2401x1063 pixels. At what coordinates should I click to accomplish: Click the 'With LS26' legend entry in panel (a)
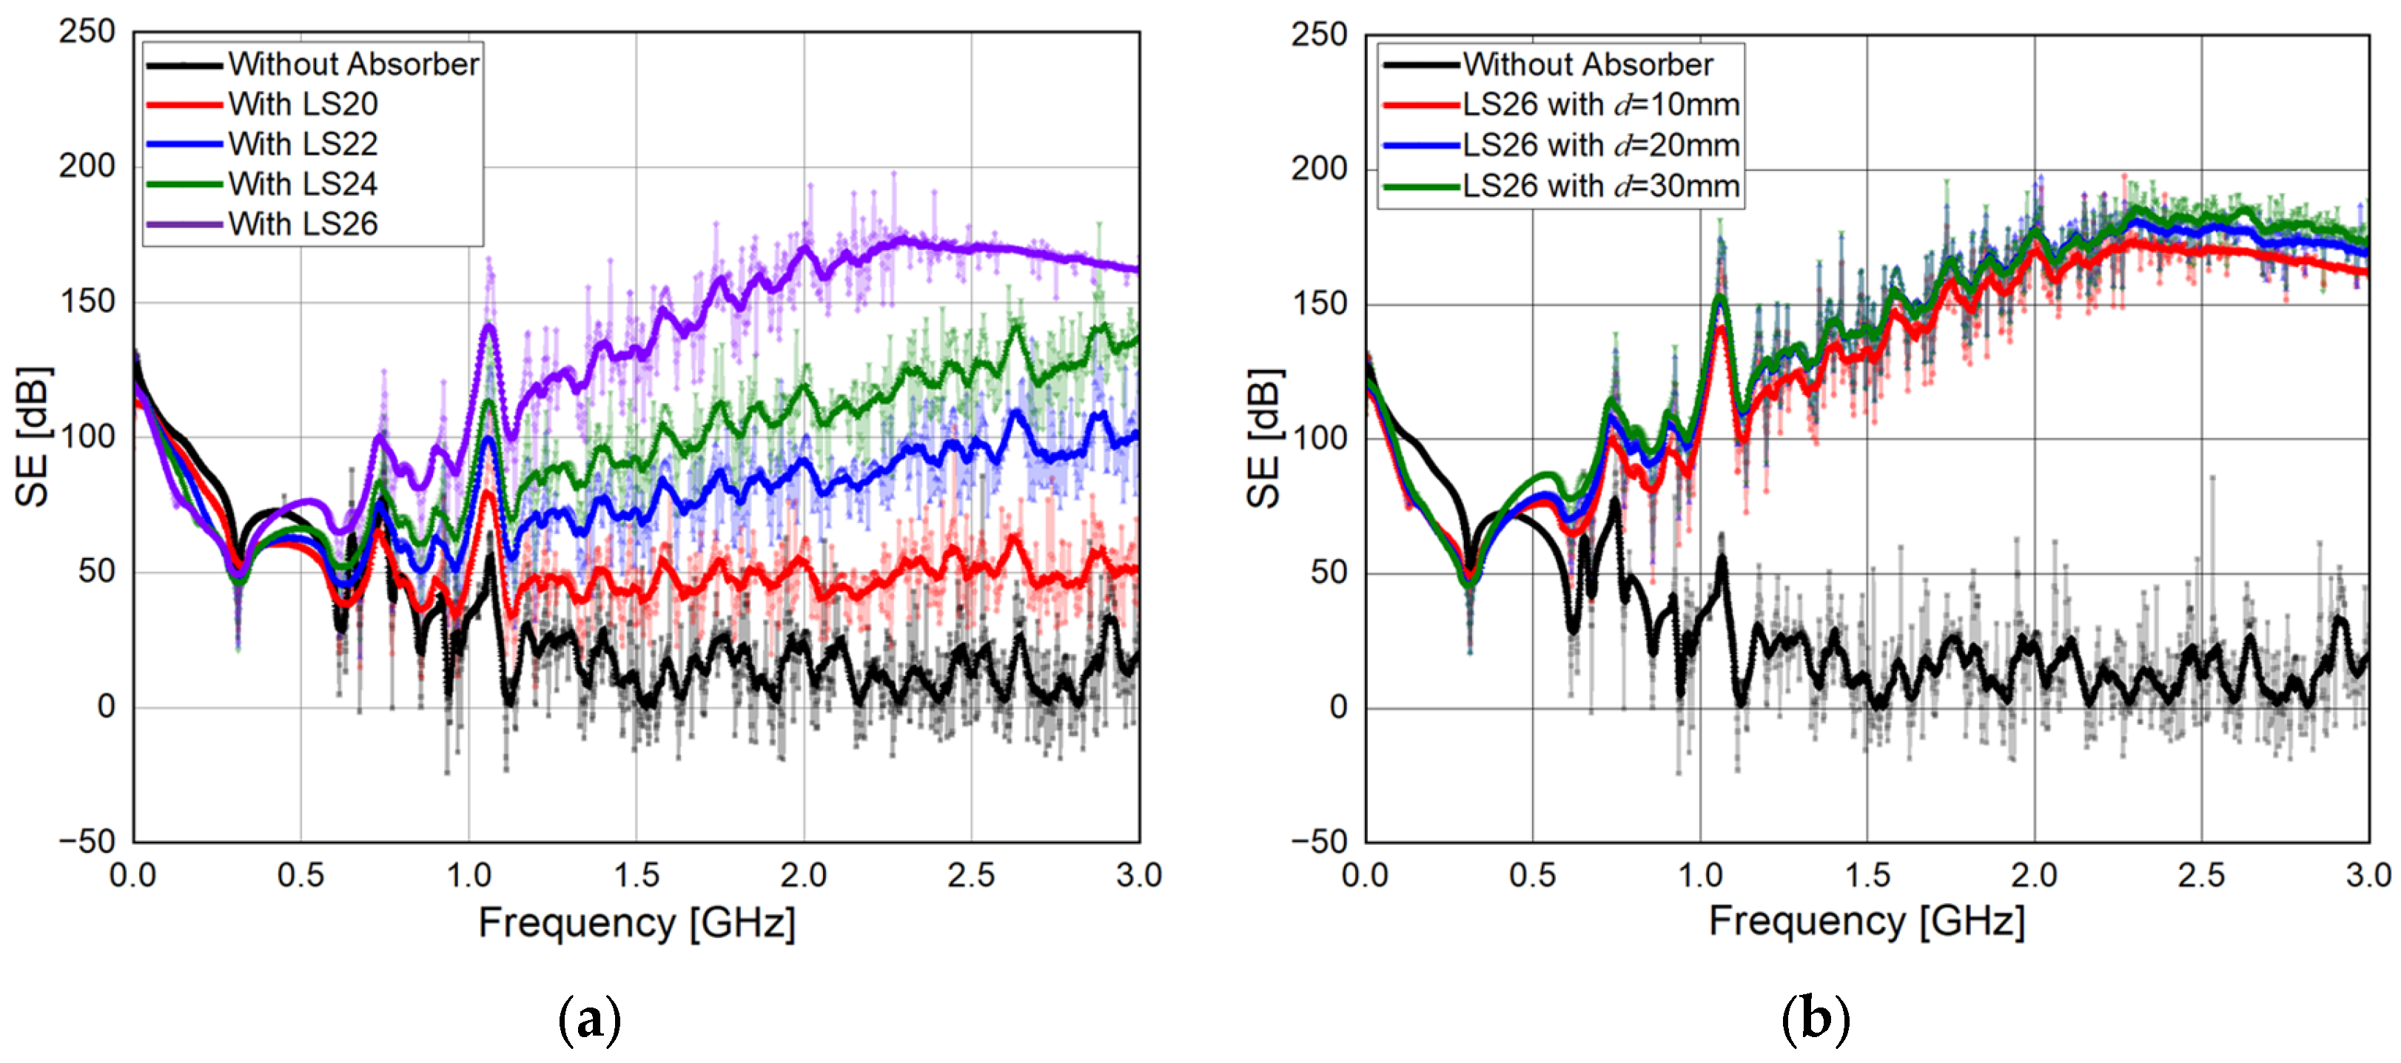[x=303, y=223]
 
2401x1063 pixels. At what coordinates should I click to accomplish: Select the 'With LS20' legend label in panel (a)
[x=303, y=104]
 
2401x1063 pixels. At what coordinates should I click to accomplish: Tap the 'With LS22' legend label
[x=303, y=144]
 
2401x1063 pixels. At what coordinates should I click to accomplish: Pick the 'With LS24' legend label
[x=303, y=183]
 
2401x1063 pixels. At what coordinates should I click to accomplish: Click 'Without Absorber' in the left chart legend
[x=353, y=64]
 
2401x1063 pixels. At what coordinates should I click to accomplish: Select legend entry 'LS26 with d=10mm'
[x=1599, y=104]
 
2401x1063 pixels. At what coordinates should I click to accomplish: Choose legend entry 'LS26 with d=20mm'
[x=1599, y=145]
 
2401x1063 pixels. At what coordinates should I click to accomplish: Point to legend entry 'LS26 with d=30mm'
[x=1599, y=186]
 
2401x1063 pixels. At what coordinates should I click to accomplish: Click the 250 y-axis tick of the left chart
[x=87, y=32]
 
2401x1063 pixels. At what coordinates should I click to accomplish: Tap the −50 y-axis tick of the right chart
[x=1318, y=840]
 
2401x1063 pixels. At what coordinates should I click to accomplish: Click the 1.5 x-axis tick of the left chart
[x=636, y=876]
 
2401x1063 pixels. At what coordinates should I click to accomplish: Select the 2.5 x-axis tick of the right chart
[x=2200, y=876]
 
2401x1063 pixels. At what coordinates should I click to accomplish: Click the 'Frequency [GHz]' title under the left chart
[x=637, y=923]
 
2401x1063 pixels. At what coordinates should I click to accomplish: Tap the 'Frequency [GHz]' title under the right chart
[x=1866, y=922]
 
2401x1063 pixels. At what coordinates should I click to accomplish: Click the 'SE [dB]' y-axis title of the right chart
[x=1264, y=439]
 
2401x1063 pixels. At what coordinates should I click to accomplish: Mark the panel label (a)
[x=589, y=1020]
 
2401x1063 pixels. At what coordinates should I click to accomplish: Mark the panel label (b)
[x=1814, y=1020]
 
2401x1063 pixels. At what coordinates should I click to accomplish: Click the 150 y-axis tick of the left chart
[x=87, y=302]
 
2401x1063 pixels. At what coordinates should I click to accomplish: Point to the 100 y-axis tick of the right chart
[x=1318, y=438]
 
